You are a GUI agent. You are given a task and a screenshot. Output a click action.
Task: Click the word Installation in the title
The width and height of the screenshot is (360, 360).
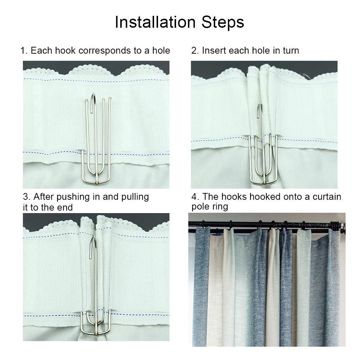[155, 22]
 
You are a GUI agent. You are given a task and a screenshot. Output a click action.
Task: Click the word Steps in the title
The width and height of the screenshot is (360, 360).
[223, 22]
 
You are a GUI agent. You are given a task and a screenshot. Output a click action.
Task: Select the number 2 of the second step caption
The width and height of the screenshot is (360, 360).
[195, 51]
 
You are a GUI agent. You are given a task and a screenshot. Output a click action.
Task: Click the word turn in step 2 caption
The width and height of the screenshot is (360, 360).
[291, 51]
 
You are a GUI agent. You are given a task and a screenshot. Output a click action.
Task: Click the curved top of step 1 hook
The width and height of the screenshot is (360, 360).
[93, 96]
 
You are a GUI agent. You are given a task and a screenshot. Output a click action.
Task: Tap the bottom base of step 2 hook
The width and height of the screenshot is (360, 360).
[264, 182]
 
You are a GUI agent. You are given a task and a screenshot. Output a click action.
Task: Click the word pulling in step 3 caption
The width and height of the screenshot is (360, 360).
[135, 197]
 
